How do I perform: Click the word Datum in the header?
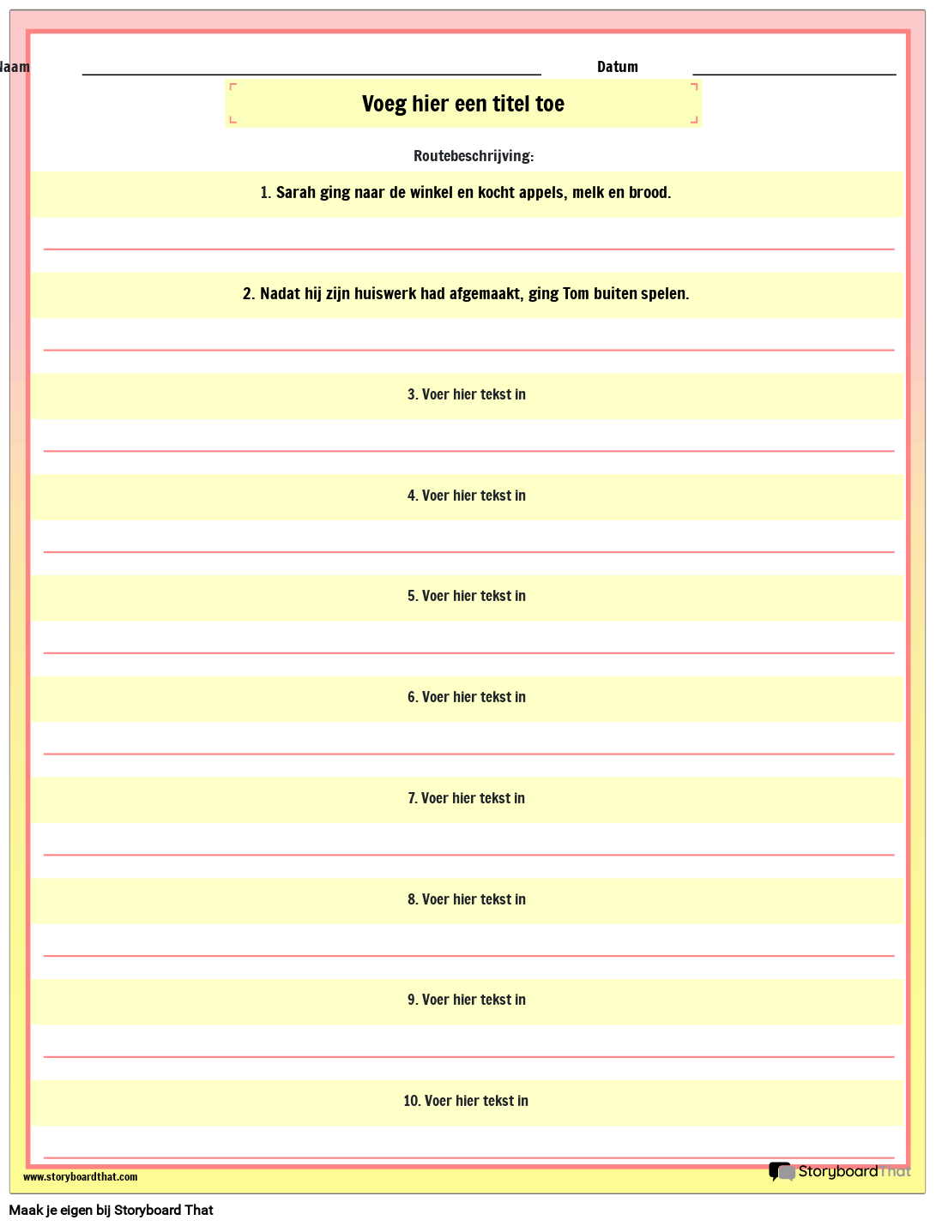[617, 67]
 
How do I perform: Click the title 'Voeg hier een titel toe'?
[463, 104]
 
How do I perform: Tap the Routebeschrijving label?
[474, 156]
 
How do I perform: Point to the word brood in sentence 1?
[649, 193]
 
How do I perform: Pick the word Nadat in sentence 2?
[280, 294]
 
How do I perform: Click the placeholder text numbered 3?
[467, 395]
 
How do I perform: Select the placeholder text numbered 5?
[467, 597]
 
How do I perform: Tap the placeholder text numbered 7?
[467, 799]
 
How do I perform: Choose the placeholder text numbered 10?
[466, 1102]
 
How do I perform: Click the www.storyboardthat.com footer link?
[80, 1177]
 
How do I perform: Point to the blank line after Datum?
[794, 74]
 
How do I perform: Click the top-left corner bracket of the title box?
[232, 87]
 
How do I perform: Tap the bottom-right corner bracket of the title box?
[694, 121]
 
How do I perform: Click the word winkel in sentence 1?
[431, 193]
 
